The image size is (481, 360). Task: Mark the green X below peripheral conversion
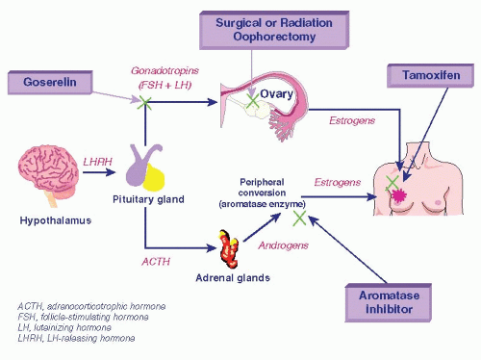pyautogui.click(x=299, y=219)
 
